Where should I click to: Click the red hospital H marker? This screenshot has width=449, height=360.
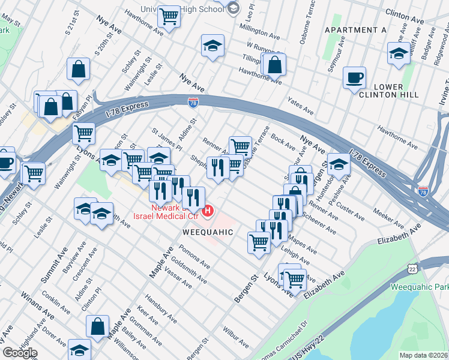coord(208,211)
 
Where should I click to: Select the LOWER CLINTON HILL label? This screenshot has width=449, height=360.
coord(380,91)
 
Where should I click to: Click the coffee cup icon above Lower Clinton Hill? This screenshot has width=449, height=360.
coord(354,77)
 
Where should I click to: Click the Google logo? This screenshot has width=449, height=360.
coord(19,353)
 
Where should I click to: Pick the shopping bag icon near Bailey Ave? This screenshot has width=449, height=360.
coord(97,326)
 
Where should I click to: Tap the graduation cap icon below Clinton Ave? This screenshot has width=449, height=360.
coord(399,53)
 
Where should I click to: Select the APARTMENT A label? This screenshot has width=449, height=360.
coord(355,30)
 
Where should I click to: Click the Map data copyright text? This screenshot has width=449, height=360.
coord(423,355)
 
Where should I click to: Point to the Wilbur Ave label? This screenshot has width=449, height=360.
coord(235,337)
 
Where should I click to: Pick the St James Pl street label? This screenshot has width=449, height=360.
coord(167,139)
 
